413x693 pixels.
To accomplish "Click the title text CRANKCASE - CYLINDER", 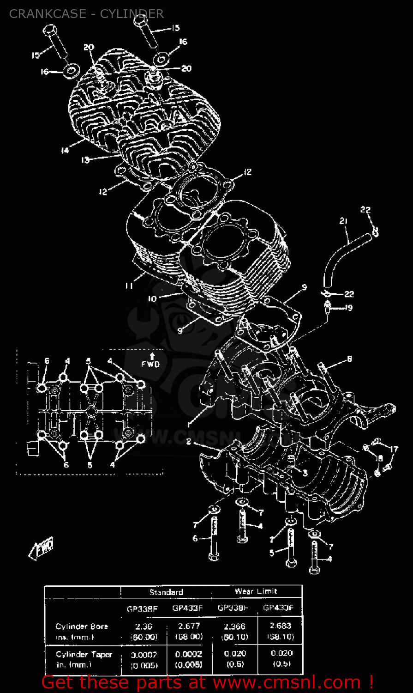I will click(x=86, y=14).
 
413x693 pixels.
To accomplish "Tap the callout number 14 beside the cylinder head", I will click(x=65, y=150).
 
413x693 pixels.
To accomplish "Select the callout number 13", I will click(x=85, y=160).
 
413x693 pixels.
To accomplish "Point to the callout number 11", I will click(x=129, y=286).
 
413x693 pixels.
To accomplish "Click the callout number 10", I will click(x=152, y=299).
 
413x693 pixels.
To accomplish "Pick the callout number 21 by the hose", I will click(x=343, y=221).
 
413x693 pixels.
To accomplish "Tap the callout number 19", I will click(x=348, y=308).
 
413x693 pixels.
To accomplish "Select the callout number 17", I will click(x=393, y=449).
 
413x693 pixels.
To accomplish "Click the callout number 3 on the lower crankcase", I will click(x=305, y=473).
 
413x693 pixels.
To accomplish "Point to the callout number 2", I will click(x=188, y=442).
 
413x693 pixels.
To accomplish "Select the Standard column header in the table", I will click(x=166, y=592).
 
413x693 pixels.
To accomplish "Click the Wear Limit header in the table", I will click(x=256, y=591).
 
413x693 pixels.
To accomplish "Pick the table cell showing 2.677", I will click(x=187, y=626).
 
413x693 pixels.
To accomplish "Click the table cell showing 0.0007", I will click(x=144, y=655).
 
